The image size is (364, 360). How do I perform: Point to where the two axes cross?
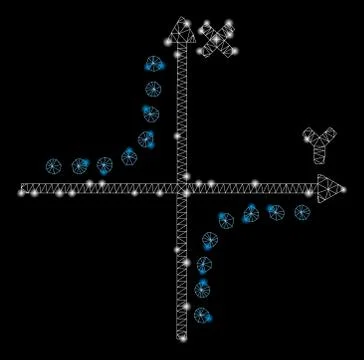point(182,188)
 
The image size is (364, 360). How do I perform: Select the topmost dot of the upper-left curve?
point(154,64)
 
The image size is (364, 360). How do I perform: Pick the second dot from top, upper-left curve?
point(153,89)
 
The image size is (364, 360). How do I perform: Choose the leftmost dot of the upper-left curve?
point(54,166)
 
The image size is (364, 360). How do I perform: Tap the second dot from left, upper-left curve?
point(80,166)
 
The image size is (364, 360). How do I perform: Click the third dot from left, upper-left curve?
point(105,164)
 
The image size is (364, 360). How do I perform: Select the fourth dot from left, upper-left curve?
point(129,156)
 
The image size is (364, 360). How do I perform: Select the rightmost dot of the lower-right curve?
point(302,212)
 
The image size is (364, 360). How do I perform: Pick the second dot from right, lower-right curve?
point(276,212)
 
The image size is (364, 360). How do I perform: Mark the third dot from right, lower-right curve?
point(251,213)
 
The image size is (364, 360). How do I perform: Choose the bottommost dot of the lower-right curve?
point(203,315)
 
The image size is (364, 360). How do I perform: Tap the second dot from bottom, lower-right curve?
point(203,290)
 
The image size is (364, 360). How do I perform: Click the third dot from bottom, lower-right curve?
point(204,265)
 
